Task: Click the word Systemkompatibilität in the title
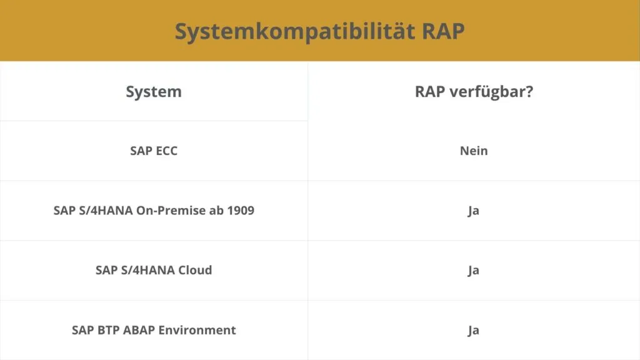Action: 295,31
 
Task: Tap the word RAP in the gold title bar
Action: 443,31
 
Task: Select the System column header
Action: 154,92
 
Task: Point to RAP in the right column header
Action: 430,91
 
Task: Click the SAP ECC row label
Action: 154,151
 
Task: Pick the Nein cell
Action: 474,151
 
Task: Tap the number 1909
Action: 241,210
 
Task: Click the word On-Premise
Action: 171,210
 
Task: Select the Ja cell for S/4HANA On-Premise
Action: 474,211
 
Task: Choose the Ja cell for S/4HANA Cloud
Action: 474,270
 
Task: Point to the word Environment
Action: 197,330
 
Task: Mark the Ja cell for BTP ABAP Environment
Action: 474,330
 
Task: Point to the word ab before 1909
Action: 216,210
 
